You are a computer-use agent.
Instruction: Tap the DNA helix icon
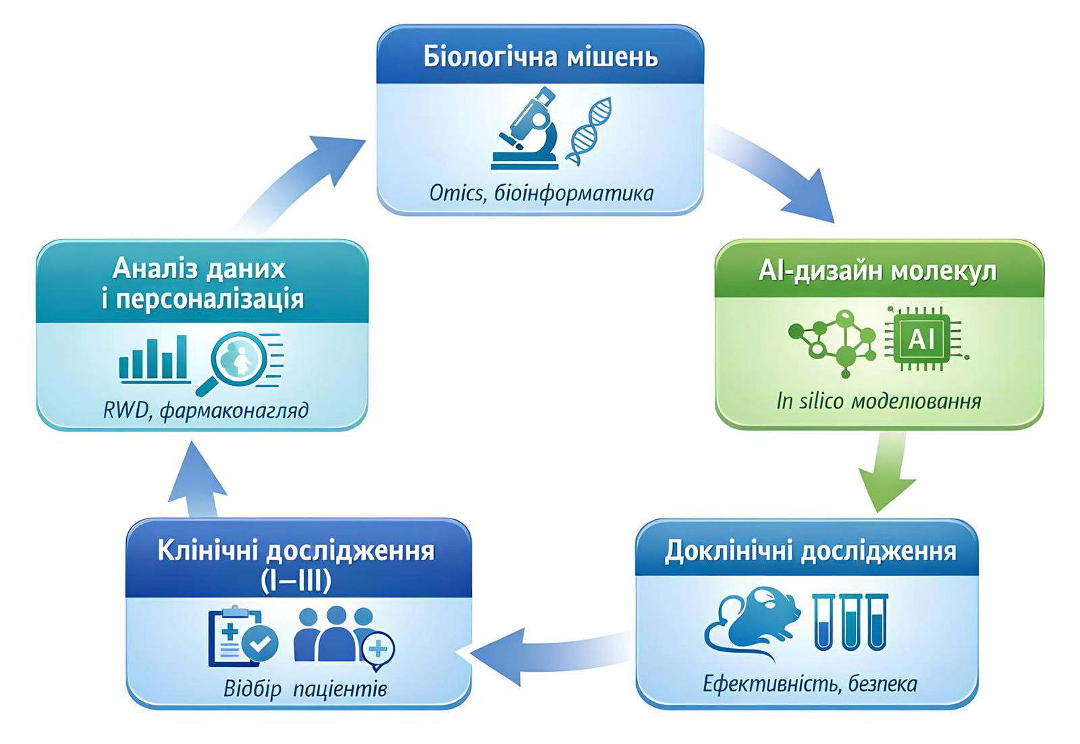coord(589,131)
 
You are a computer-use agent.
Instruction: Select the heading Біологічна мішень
coord(540,57)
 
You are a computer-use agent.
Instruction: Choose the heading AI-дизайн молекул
coord(878,271)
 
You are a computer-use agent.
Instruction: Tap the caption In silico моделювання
coord(878,401)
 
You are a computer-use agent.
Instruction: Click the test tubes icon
coord(850,622)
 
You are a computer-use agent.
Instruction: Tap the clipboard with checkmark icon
coord(240,637)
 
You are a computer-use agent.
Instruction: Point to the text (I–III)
coord(296,581)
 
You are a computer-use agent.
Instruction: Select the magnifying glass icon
coord(236,361)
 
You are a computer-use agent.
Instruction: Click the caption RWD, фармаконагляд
coord(206,410)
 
